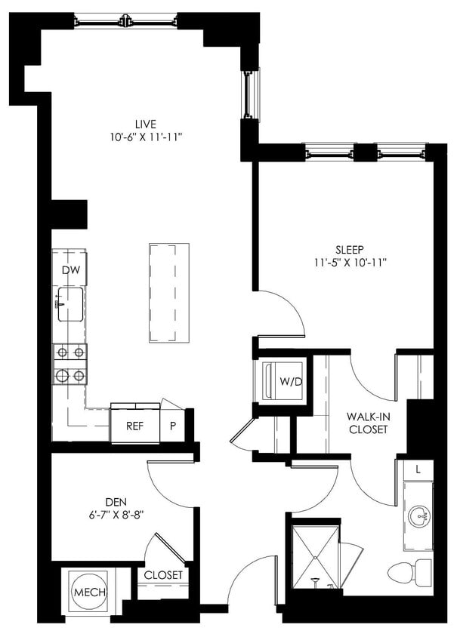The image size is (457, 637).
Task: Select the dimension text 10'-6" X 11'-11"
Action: click(147, 137)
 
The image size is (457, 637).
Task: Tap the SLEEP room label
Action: click(350, 249)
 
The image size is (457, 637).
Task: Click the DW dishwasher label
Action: click(70, 269)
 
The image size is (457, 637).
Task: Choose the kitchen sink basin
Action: click(70, 304)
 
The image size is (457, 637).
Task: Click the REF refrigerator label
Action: click(134, 426)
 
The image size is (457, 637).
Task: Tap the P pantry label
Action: click(172, 426)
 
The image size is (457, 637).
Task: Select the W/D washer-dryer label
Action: click(291, 382)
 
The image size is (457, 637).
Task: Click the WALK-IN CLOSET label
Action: click(367, 423)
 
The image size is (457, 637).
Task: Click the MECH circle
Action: click(90, 592)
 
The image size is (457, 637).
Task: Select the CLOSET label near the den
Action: click(163, 575)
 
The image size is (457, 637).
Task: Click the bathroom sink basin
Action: click(417, 516)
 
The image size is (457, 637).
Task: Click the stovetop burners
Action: click(69, 364)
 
